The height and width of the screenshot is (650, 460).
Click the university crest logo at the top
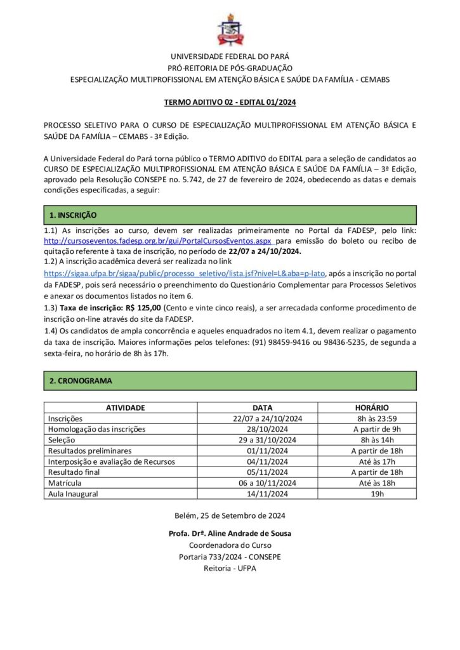[230, 29]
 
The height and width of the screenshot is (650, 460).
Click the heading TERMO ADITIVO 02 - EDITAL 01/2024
[230, 101]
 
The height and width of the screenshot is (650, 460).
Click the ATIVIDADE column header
[126, 408]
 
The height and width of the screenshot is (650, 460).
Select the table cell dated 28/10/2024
[263, 429]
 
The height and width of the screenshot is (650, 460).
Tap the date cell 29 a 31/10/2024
[263, 440]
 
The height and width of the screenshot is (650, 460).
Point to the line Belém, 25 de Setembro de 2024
[230, 516]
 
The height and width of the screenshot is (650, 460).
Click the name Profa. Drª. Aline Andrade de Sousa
[230, 534]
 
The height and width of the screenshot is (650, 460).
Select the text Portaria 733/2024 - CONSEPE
[230, 557]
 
